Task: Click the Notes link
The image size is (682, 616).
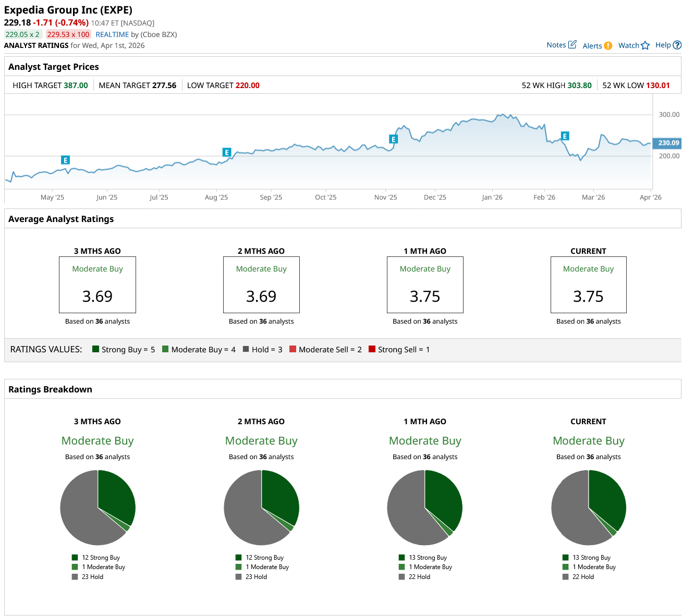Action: (561, 45)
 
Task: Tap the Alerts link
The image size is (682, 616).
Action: (596, 46)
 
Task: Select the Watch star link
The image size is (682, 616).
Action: (634, 45)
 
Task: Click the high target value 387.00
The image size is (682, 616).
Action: (76, 85)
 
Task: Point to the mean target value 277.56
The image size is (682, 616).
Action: (164, 85)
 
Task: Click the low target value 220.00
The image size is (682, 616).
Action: (247, 85)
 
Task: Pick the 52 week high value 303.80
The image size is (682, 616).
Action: (579, 85)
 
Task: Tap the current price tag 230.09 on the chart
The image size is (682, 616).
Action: (668, 143)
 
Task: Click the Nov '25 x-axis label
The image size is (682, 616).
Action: (385, 198)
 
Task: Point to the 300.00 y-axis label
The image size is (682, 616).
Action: (669, 115)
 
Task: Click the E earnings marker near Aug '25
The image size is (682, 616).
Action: (226, 152)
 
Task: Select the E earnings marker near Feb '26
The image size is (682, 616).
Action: (565, 136)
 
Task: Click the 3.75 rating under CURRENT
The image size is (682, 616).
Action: (588, 297)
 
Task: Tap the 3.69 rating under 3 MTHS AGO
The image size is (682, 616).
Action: (98, 297)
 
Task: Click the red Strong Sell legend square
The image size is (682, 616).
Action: (372, 349)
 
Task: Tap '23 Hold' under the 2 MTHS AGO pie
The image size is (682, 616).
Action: (256, 577)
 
